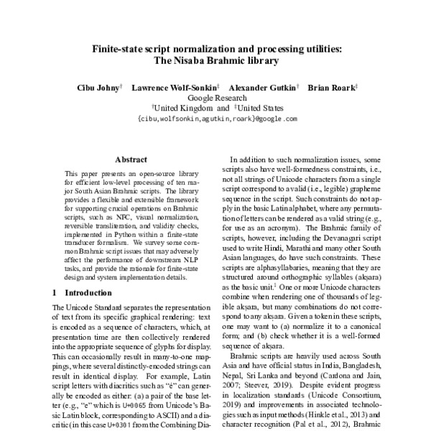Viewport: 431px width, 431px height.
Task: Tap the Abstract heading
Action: click(x=131, y=161)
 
